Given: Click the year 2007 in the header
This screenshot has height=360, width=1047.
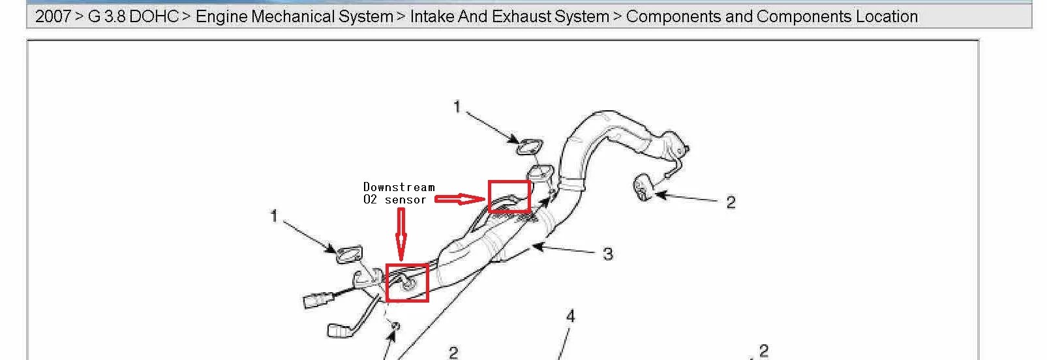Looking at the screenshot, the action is (x=53, y=17).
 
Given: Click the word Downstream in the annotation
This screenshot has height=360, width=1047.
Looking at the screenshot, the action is (x=399, y=187).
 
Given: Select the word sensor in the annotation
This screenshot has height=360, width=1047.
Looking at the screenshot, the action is (x=406, y=200).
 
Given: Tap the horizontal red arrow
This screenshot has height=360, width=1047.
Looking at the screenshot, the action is (x=460, y=199).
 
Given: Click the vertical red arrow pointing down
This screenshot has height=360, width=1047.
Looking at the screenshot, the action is (x=401, y=233).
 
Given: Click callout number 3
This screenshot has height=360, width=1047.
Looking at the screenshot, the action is (x=607, y=254).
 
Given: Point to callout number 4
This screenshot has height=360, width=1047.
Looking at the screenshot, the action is (x=570, y=316).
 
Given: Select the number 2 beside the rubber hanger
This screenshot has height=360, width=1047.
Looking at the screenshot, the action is (x=731, y=202).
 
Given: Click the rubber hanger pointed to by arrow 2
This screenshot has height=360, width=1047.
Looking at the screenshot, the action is (x=642, y=188).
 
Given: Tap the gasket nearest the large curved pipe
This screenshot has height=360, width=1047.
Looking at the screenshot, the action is (x=530, y=147).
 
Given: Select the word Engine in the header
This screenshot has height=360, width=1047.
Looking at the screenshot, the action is (x=221, y=17).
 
